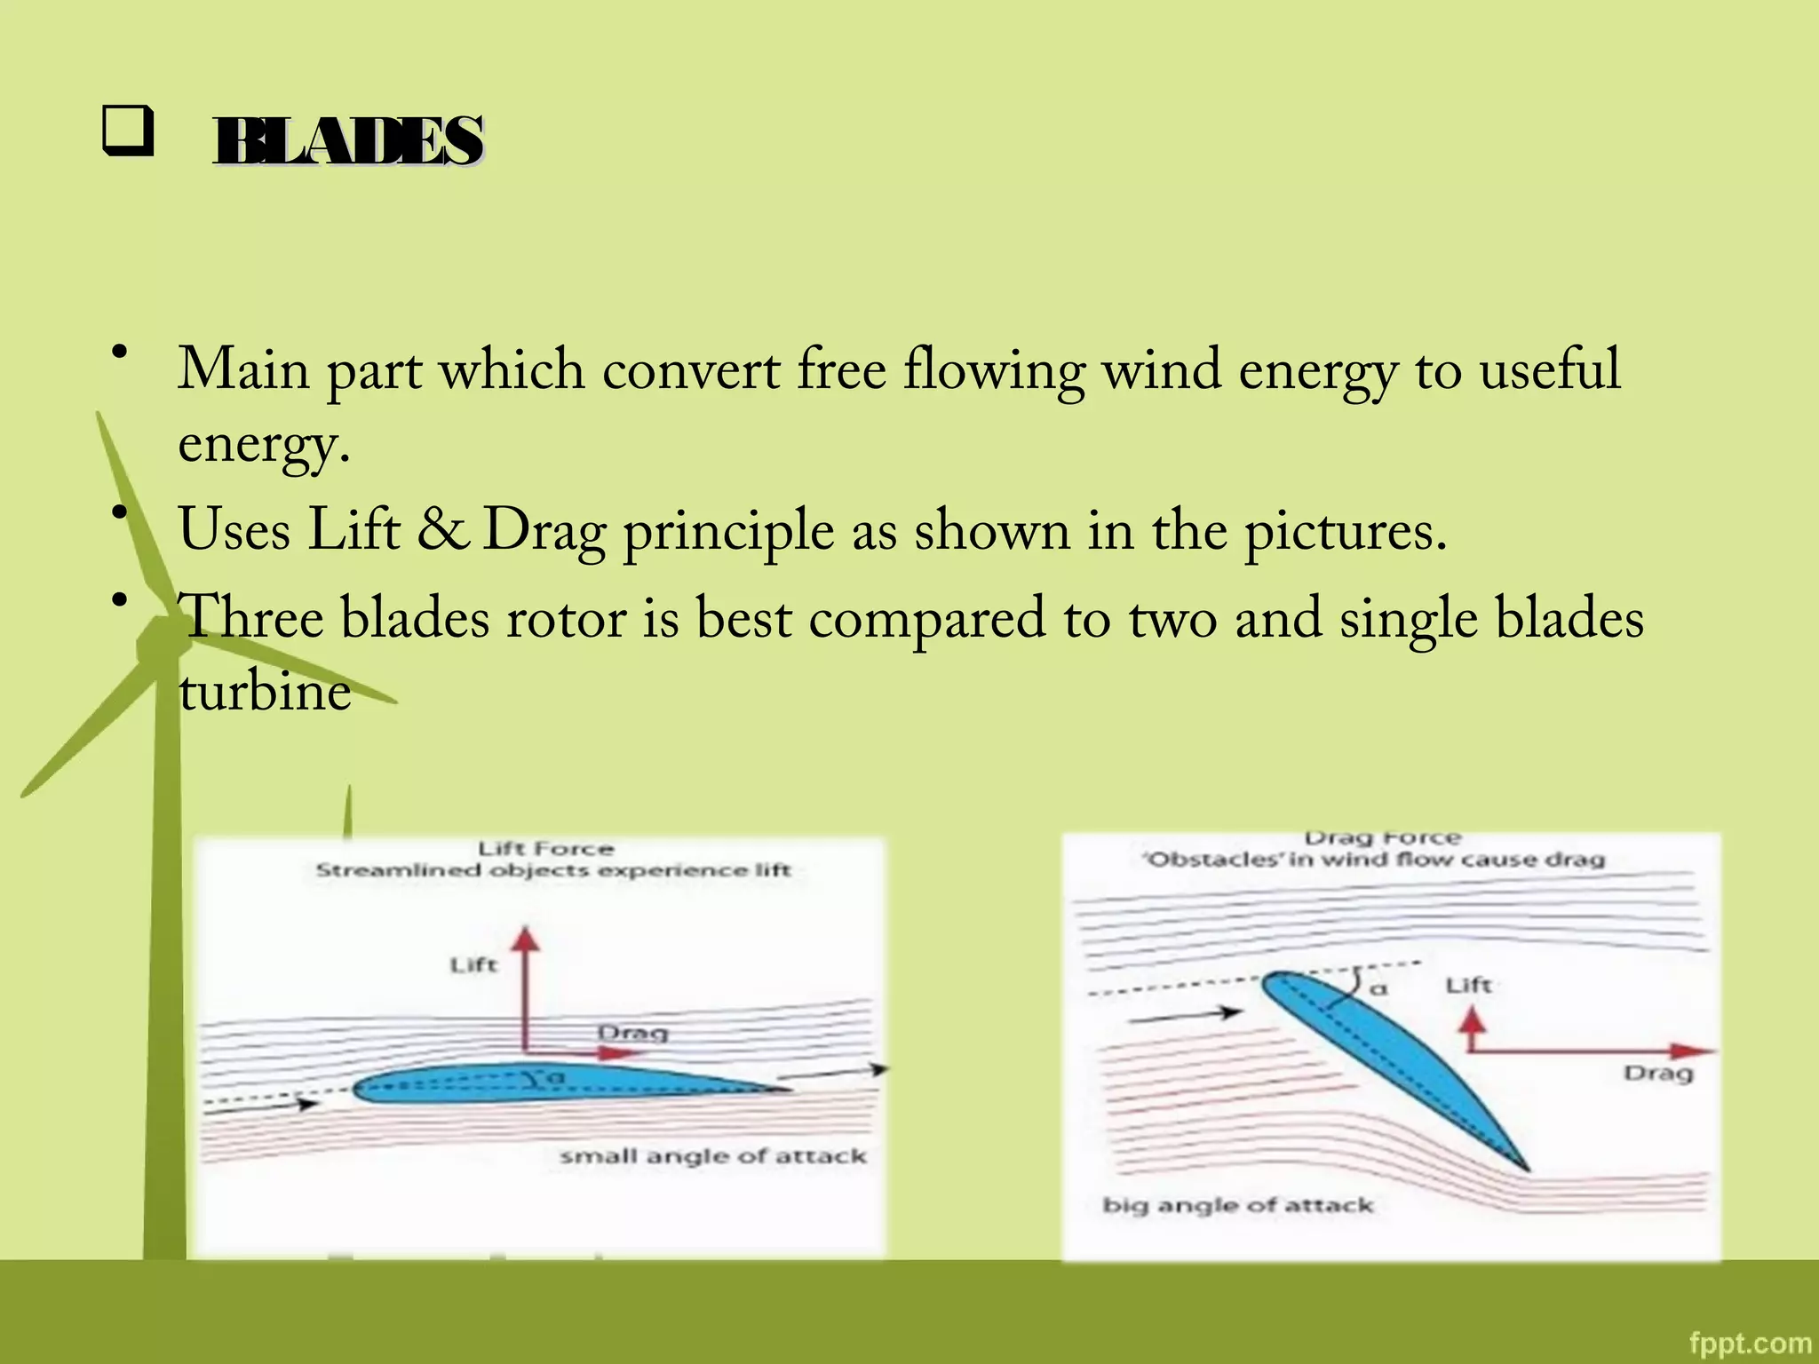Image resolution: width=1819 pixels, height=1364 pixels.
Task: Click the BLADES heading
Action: click(x=348, y=141)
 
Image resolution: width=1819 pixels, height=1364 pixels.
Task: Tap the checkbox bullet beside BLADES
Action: click(x=128, y=131)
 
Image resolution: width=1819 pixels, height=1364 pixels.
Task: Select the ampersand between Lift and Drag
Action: click(x=442, y=530)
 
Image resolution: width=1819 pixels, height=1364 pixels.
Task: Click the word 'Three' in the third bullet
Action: click(x=251, y=618)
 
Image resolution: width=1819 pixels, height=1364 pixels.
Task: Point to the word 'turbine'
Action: click(x=265, y=692)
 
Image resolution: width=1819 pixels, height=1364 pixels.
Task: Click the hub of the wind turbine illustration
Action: click(x=161, y=644)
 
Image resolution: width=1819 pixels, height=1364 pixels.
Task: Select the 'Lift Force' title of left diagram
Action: click(x=545, y=849)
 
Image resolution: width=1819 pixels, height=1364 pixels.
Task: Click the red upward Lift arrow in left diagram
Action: click(x=527, y=986)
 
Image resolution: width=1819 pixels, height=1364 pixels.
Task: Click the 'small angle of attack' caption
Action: click(x=712, y=1156)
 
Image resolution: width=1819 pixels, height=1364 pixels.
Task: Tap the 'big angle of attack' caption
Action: click(x=1237, y=1205)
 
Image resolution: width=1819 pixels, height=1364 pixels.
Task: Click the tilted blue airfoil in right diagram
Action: click(x=1394, y=1066)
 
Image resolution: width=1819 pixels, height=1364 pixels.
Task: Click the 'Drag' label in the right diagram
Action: click(x=1658, y=1074)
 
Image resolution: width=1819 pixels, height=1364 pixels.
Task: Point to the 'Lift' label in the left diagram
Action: click(x=473, y=964)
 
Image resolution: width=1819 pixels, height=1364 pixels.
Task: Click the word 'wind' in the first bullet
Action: click(x=1161, y=369)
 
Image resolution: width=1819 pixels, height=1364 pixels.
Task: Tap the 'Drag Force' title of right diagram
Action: click(x=1382, y=838)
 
